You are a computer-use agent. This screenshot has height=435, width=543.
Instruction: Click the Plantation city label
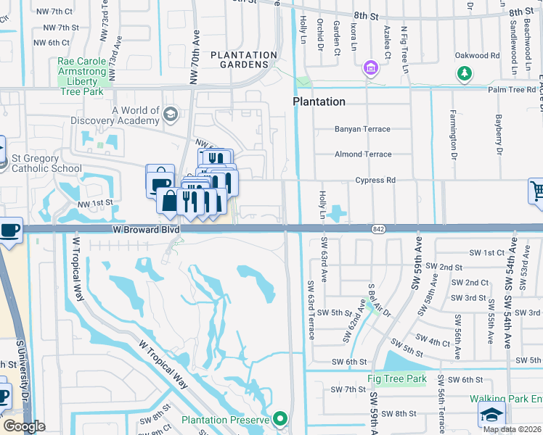tap(319, 101)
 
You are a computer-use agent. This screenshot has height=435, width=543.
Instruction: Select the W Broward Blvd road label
tap(146, 228)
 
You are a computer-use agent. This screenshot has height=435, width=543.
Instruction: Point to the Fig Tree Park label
tap(397, 378)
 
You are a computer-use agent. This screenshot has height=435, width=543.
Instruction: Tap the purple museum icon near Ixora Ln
tap(371, 68)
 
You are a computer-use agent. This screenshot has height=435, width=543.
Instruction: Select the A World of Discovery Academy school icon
tap(171, 114)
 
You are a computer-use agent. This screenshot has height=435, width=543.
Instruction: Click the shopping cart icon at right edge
tap(536, 191)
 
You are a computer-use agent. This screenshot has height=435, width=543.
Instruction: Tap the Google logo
tap(24, 426)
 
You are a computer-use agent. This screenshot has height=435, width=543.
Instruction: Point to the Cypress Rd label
tap(375, 180)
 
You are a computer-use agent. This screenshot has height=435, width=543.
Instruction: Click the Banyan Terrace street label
tap(362, 129)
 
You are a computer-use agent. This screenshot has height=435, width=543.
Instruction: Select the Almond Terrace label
tap(363, 154)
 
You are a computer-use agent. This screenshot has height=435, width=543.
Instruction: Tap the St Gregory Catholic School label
tap(46, 163)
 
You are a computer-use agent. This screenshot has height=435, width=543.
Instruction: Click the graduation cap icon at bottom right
tap(491, 415)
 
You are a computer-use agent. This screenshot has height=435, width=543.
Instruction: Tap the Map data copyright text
tap(511, 429)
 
